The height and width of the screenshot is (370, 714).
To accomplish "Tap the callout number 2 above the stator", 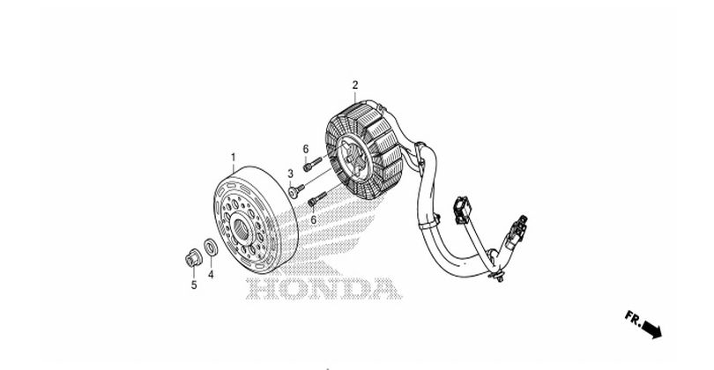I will [x=354, y=85].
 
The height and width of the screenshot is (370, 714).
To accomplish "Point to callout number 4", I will [x=211, y=274].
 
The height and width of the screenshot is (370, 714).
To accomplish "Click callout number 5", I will [x=194, y=284].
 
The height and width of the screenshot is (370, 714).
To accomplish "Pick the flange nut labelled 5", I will [x=190, y=258].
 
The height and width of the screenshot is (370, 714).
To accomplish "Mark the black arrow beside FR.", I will [x=652, y=329].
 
